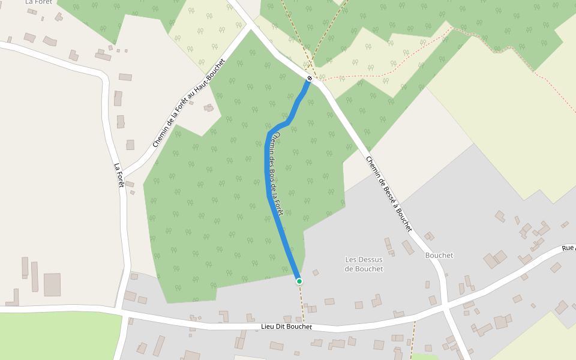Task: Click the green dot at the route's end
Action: [299, 281]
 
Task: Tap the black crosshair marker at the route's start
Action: [310, 79]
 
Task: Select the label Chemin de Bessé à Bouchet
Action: [389, 194]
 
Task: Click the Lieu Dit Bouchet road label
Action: [287, 327]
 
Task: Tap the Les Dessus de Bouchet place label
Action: [364, 264]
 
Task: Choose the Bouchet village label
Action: [439, 256]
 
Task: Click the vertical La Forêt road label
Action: [119, 175]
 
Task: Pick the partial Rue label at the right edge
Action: [568, 247]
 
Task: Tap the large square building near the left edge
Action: [52, 284]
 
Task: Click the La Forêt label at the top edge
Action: [39, 2]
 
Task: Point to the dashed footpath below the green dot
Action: [302, 303]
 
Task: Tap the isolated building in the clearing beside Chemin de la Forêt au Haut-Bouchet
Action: [209, 108]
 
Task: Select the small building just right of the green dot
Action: [316, 272]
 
